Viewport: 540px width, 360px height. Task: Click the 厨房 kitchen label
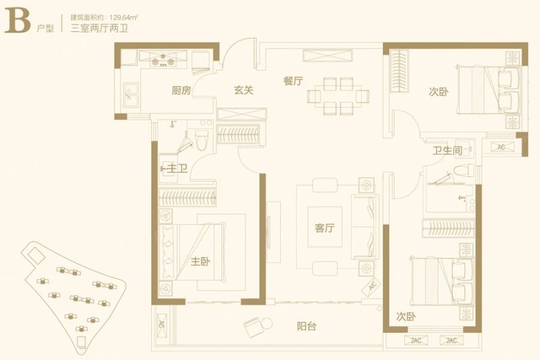181,91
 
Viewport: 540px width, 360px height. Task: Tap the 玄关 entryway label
244,91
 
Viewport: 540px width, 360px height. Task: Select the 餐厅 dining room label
294,81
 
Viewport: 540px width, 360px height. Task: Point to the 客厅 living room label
325,228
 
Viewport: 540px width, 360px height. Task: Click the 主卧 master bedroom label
200,261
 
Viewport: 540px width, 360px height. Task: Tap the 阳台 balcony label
306,326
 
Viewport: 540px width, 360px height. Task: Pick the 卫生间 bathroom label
448,151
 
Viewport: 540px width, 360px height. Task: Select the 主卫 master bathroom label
178,168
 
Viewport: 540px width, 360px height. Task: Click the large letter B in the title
18,21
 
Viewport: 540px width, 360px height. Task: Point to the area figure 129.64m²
124,17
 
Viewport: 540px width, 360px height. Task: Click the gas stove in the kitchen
163,59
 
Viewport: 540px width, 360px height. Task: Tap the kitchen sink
132,95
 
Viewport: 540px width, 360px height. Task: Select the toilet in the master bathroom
202,140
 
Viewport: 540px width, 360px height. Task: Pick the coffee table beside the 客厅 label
325,227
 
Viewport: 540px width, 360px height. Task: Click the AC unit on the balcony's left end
161,325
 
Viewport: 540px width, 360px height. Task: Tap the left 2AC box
416,340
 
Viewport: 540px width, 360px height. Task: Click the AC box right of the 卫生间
502,147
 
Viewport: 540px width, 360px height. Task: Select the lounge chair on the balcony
252,326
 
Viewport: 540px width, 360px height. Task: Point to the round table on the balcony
267,324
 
